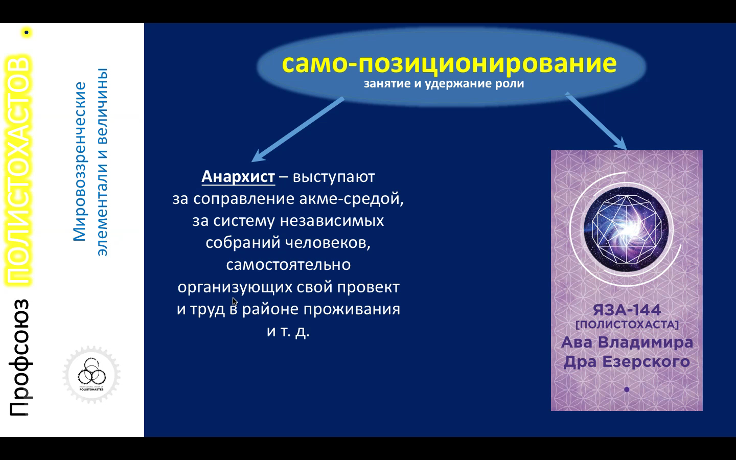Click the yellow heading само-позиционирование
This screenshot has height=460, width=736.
[x=449, y=63]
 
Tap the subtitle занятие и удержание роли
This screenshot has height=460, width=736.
[x=444, y=84]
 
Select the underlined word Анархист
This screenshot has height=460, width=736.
[x=238, y=177]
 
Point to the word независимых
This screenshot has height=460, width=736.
[x=332, y=221]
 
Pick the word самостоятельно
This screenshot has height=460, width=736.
[x=288, y=265]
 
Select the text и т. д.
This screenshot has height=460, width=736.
[x=288, y=331]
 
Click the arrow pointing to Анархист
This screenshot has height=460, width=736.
[x=297, y=129]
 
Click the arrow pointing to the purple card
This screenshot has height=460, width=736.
[x=596, y=121]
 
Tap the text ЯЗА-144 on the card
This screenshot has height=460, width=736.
[x=627, y=310]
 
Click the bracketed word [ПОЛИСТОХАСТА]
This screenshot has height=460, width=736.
[x=627, y=325]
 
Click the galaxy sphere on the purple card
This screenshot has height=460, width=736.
[x=626, y=229]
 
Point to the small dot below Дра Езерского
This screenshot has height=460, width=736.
[x=627, y=389]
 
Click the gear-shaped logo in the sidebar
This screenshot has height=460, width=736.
[x=91, y=375]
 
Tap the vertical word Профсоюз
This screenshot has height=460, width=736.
[x=19, y=357]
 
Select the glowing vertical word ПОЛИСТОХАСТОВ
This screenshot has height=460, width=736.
[x=18, y=170]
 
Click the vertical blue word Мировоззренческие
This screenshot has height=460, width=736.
[x=80, y=162]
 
